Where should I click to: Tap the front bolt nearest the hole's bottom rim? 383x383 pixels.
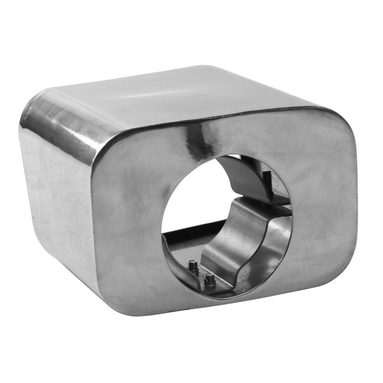(x=209, y=280)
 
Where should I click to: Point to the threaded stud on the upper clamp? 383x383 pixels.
(x=264, y=177)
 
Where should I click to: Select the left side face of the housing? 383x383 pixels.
(x=54, y=189)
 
